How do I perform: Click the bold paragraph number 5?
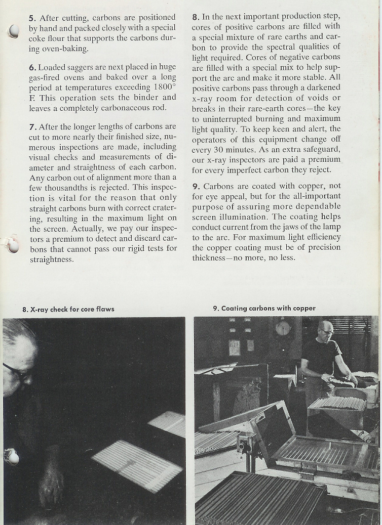tap(31, 18)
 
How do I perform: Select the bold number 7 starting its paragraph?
tap(31, 126)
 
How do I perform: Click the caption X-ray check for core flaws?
tap(68, 309)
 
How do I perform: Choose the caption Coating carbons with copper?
tap(264, 308)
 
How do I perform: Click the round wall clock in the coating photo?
tap(283, 328)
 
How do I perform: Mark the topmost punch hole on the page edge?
tap(14, 32)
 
